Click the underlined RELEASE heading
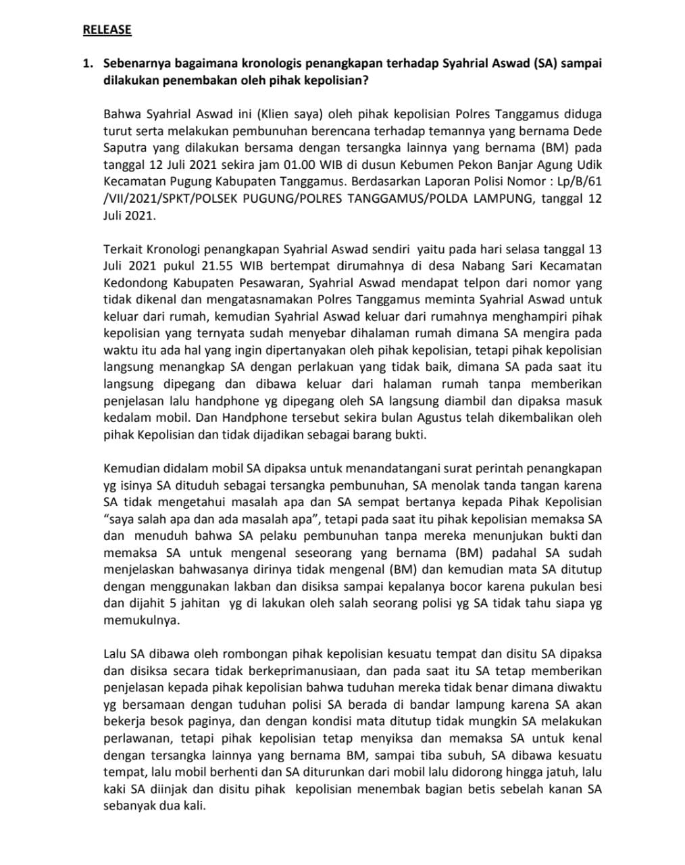click(107, 30)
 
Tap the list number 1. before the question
click(87, 64)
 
